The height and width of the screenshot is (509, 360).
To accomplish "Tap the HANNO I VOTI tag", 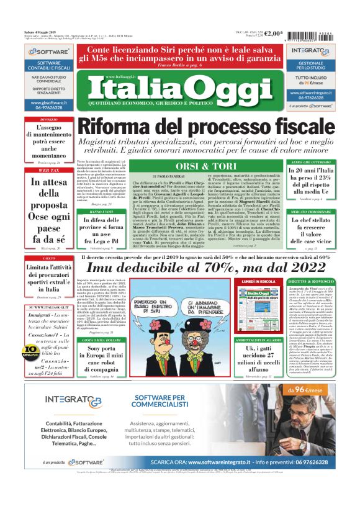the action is tap(91, 212).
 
